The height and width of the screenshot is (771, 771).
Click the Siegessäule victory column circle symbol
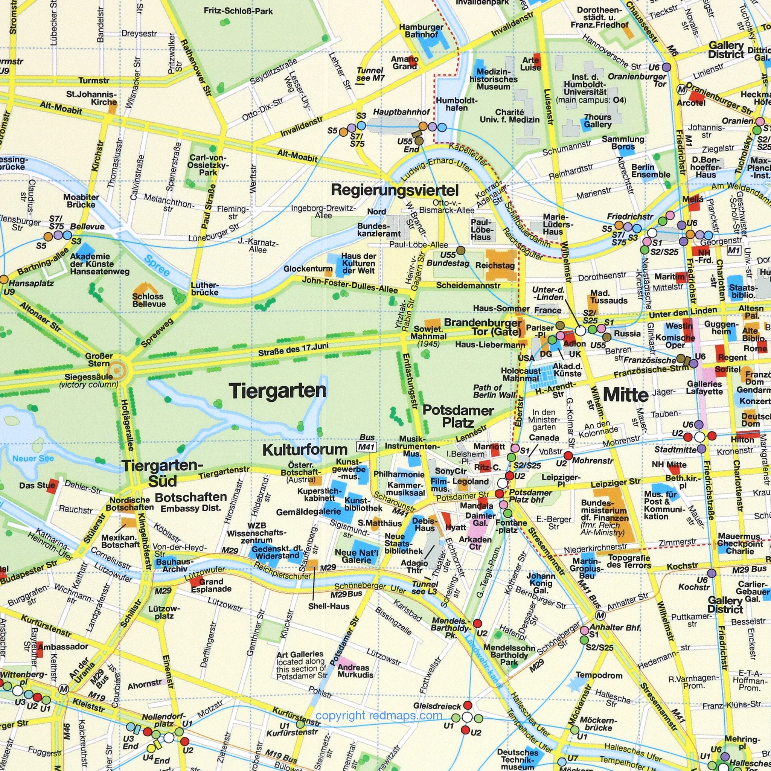pos(116,371)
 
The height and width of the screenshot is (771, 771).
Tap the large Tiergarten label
pos(278,391)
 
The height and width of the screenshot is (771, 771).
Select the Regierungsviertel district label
pos(395,190)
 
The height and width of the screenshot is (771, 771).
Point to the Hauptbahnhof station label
pos(401,112)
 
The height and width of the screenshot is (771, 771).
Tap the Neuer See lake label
pos(33,459)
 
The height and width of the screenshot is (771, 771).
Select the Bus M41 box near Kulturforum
pos(366,446)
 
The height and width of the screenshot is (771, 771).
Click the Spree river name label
pos(157,266)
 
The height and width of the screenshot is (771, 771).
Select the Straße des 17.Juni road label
pos(293,350)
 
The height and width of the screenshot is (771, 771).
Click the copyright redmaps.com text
pos(379,716)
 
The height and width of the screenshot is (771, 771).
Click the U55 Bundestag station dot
pos(460,250)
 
